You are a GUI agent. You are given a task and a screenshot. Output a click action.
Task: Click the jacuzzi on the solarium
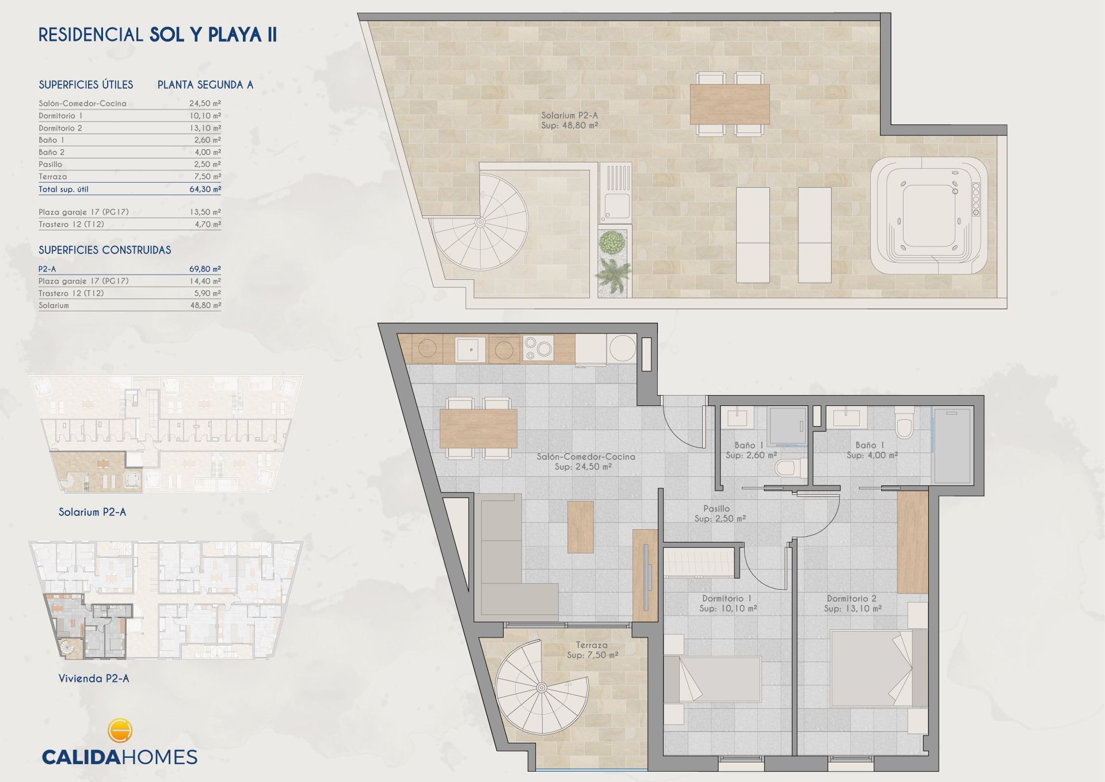[x=929, y=215]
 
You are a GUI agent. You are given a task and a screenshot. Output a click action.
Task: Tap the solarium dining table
[x=730, y=104]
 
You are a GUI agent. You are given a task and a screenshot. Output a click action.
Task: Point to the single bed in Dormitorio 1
[x=712, y=679]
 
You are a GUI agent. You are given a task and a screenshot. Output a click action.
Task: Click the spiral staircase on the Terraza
[x=542, y=688]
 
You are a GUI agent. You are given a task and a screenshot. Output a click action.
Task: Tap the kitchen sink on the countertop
[x=470, y=349]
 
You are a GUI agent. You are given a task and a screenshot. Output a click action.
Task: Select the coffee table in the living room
[x=581, y=527]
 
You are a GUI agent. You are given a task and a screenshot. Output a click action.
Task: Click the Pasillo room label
[x=717, y=508]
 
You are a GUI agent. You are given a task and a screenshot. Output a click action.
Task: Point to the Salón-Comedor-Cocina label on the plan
[x=586, y=457]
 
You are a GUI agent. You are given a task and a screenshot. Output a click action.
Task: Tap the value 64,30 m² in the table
[x=205, y=189]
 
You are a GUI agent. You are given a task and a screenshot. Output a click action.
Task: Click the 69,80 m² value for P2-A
[x=205, y=269]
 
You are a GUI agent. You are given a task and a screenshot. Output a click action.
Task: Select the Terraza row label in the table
[x=53, y=177]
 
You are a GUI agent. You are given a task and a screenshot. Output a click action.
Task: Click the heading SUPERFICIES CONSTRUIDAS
[x=105, y=250]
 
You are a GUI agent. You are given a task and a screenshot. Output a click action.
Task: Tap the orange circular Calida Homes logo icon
[x=120, y=730]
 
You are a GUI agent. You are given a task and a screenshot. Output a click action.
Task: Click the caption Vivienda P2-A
[x=94, y=678]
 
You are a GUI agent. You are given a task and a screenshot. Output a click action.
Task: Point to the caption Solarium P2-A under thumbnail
[x=92, y=512]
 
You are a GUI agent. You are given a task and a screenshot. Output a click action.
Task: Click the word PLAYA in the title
[x=234, y=35]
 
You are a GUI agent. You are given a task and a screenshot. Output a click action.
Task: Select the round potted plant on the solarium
[x=612, y=242]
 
